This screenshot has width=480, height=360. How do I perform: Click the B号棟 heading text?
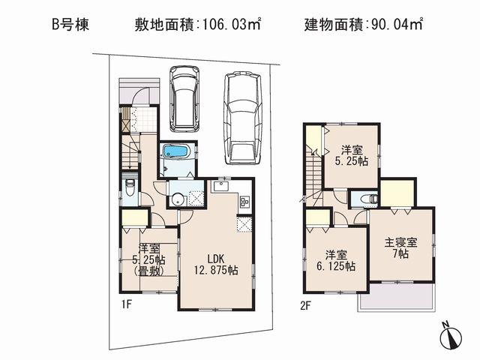(70, 24)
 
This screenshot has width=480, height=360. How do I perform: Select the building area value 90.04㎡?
(394, 24)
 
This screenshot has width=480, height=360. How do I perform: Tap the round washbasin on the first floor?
(177, 199)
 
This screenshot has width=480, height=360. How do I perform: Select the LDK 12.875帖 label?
(214, 264)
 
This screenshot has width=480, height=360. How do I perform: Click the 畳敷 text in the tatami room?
(147, 273)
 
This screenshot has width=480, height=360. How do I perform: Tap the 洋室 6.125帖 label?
(334, 259)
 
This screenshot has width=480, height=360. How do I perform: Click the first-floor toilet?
(130, 188)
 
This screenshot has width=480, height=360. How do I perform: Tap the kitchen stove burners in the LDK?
(244, 201)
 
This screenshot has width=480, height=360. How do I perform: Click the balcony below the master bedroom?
(395, 298)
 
